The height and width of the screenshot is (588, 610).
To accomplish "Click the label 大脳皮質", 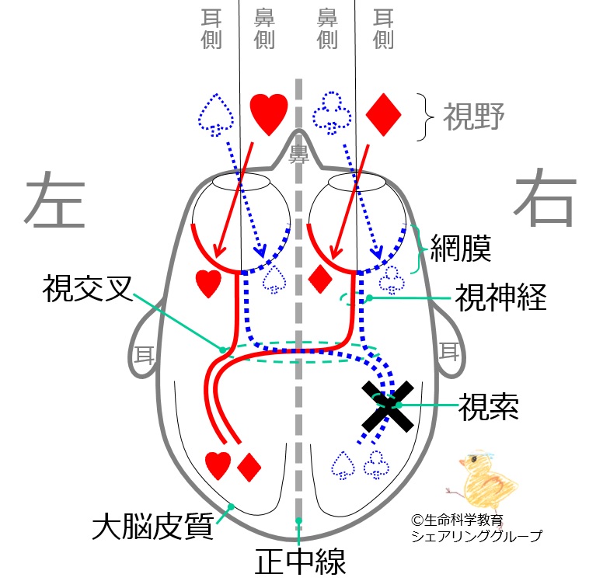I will [147, 528].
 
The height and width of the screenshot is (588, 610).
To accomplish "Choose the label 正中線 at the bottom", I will [297, 562].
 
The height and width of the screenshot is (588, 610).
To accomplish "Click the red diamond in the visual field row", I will [383, 115].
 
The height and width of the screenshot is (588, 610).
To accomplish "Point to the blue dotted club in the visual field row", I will [326, 114].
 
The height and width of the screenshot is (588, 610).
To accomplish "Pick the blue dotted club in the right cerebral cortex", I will [377, 464].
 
